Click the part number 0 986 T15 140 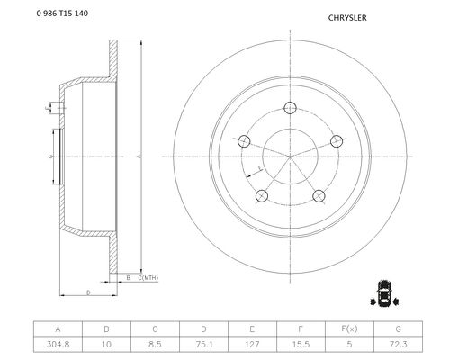point(62,13)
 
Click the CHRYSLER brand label point(347,18)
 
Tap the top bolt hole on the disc point(290,108)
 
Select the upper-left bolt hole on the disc point(244,141)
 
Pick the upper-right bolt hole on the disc point(337,141)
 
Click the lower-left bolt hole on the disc point(262,196)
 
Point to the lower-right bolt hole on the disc point(319,196)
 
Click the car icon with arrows point(384,293)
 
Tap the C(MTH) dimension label point(148,278)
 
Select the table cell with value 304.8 point(58,344)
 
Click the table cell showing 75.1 point(203,344)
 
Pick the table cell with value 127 point(252,344)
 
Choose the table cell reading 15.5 point(301,344)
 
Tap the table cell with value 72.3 point(398,344)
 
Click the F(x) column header point(349,329)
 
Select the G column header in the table point(398,329)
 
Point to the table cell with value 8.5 point(155,344)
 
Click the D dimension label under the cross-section point(88,292)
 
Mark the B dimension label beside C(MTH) point(129,278)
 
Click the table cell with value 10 point(106,344)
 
